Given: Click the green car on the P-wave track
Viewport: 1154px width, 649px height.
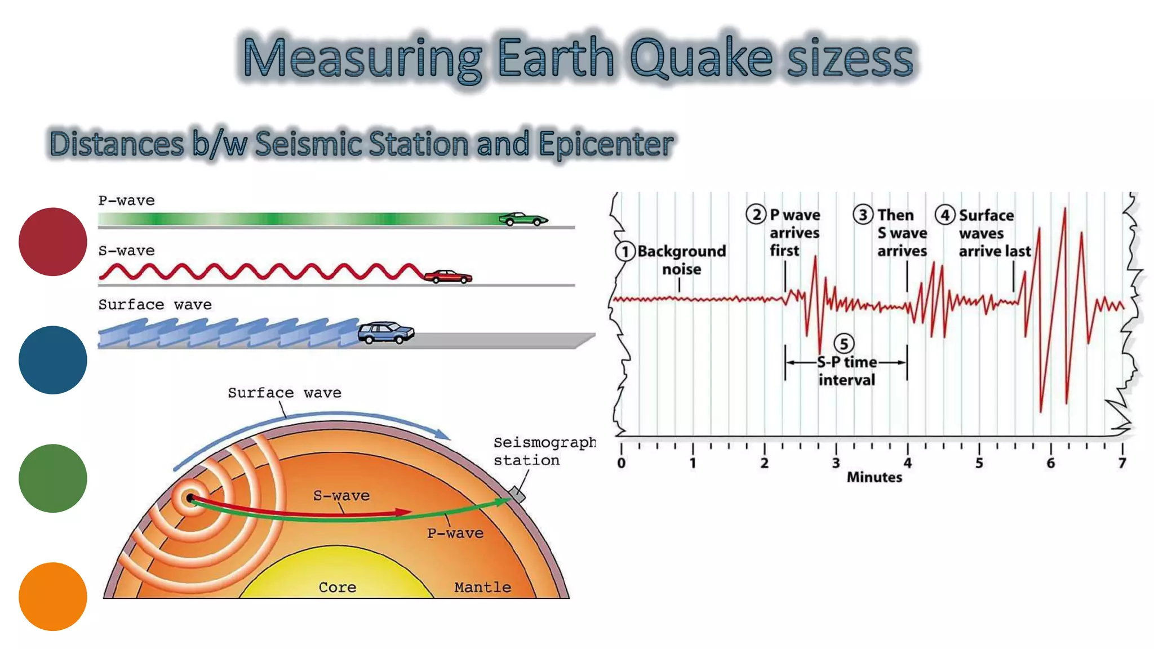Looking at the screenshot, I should point(523,219).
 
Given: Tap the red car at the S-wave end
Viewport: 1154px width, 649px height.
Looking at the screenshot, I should point(448,276).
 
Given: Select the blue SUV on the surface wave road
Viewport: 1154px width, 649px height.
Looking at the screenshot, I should point(386,332).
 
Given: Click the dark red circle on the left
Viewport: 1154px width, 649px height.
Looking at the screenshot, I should point(53,242).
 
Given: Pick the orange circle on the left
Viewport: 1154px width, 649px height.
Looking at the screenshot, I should point(53,596).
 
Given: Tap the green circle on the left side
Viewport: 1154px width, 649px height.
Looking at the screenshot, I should point(53,478).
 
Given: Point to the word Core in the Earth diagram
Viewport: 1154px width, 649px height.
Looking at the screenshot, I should point(337,587).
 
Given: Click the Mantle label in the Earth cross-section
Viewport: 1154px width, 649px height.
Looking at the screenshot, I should point(482,587).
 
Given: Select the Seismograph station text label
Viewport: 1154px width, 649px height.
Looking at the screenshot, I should point(544,451).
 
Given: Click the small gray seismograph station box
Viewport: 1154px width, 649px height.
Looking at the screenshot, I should point(517,495).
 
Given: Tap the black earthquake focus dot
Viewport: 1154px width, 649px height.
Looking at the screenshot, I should point(190,498).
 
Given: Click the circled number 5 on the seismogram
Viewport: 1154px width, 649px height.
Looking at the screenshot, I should point(844,344).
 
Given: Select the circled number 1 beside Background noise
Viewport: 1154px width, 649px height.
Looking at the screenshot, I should point(625,251).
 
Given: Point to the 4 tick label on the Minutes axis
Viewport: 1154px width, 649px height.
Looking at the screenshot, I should point(907,463).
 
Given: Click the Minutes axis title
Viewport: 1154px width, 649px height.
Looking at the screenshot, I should point(874,477).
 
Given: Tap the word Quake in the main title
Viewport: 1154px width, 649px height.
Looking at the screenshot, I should point(701,57).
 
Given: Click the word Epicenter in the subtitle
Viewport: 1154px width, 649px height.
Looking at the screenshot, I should point(606,144).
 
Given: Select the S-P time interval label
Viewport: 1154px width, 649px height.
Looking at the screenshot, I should point(846,371).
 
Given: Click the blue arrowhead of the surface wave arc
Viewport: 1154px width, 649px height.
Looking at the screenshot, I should point(442,434).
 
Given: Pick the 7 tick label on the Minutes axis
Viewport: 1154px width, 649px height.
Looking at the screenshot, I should point(1122,463).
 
